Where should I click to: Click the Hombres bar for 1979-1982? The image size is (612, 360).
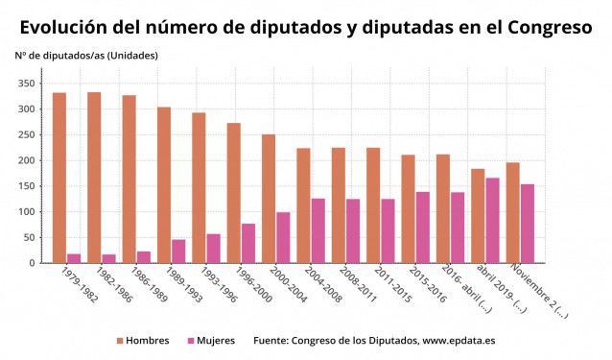coord(59,178)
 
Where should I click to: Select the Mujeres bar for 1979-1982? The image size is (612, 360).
coord(74,258)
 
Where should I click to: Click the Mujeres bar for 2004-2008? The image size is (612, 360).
coord(318,230)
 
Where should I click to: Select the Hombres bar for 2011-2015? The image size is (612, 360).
coord(373,205)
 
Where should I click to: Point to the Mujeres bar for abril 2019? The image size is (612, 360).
coord(492,220)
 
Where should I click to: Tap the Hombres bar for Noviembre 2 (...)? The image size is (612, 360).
coord(512,212)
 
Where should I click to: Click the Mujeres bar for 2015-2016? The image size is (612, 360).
coord(423,228)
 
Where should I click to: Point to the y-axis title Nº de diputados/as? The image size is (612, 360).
coord(86,55)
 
